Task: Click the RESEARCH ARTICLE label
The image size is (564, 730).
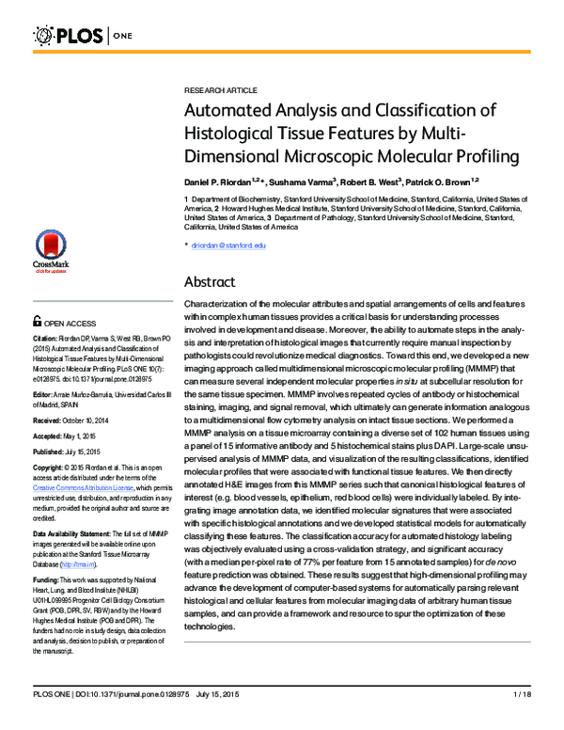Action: coord(220,89)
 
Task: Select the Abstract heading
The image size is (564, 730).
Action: coord(214,281)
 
